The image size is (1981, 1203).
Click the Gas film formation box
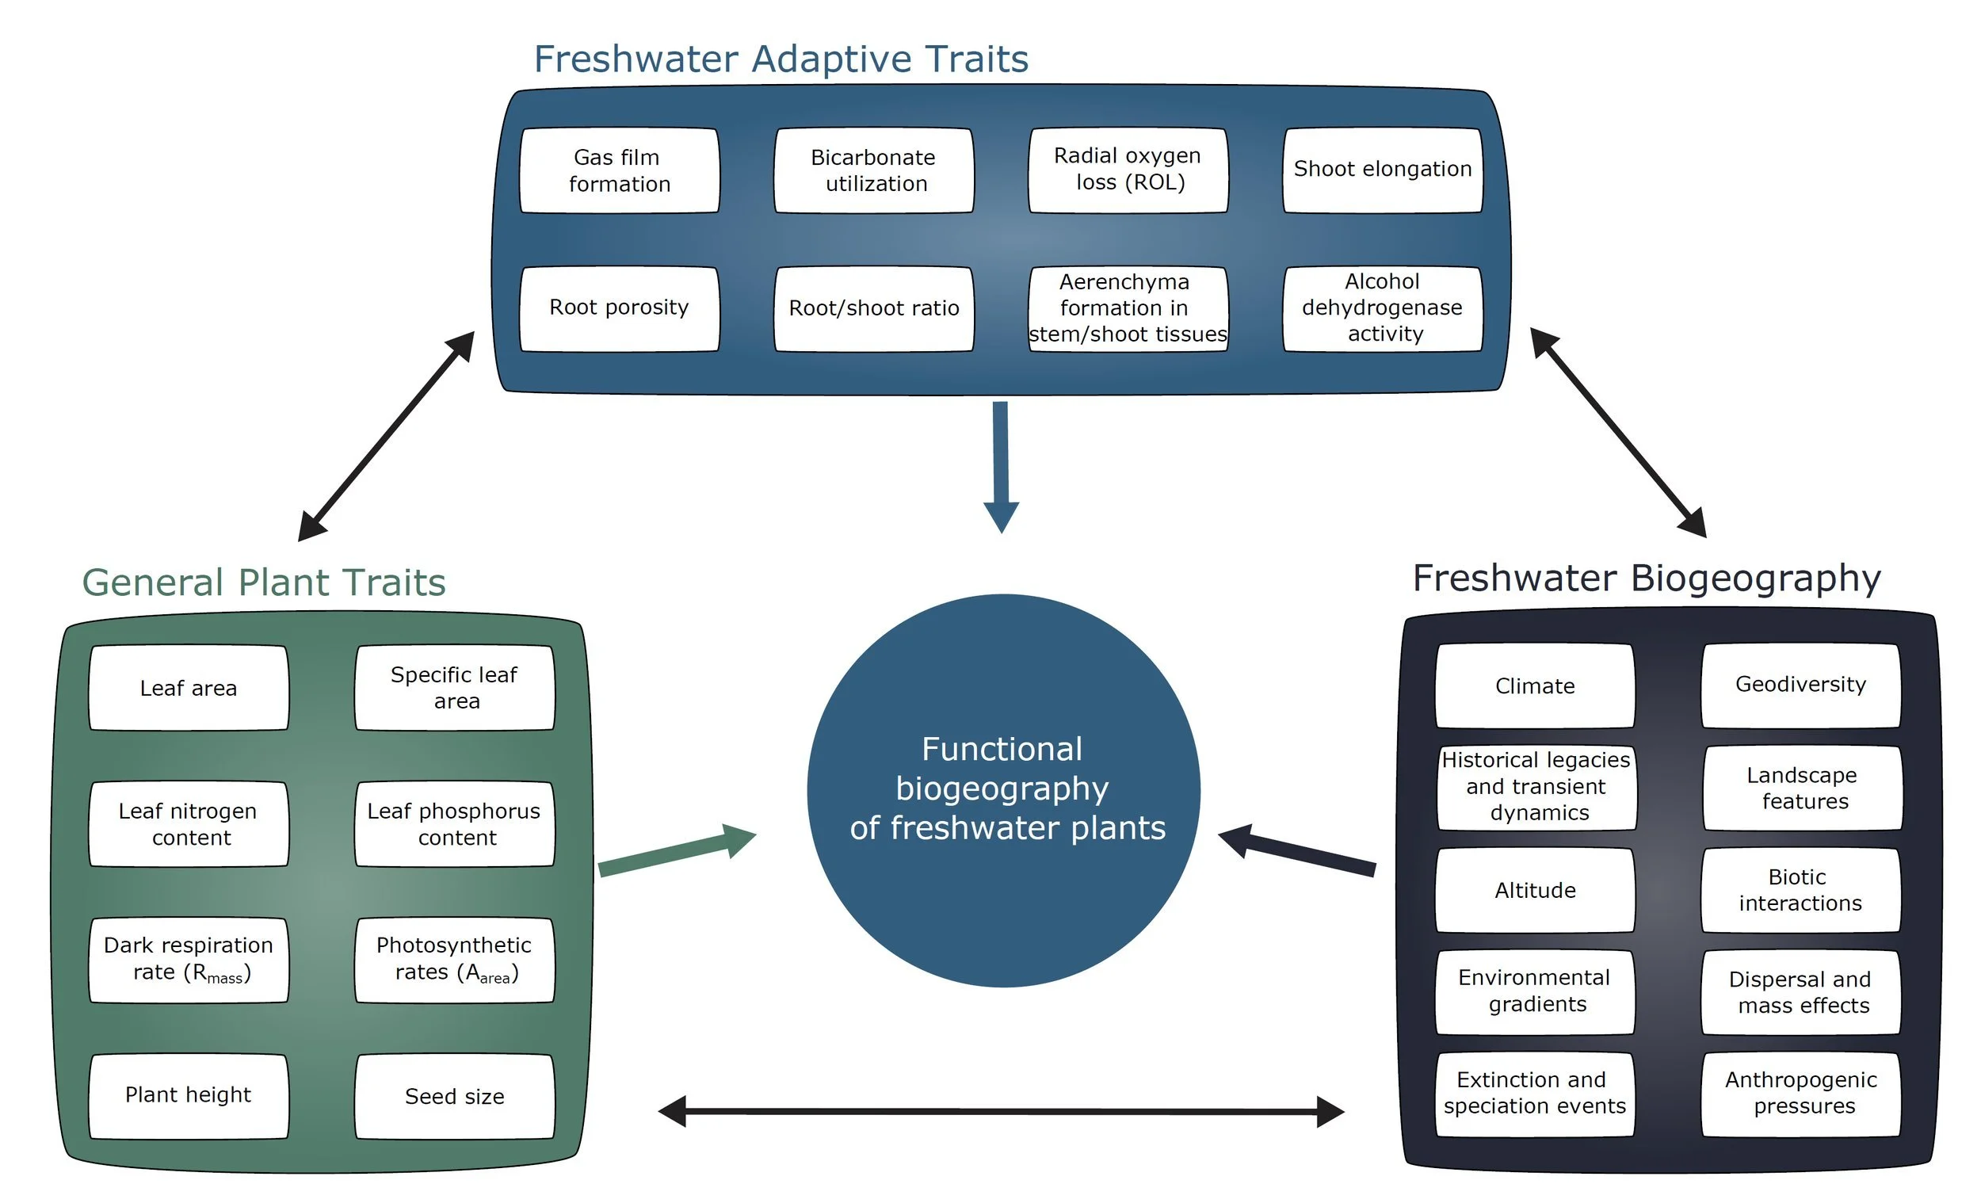point(619,170)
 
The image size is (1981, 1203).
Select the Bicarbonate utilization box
point(874,170)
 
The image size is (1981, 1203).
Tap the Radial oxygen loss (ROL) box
point(1128,170)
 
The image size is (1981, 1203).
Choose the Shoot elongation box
point(1382,170)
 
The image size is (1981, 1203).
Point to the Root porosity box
point(619,309)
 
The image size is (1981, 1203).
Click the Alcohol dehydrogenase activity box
point(1382,309)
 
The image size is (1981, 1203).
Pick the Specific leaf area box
point(454,689)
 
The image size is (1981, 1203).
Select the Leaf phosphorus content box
point(454,824)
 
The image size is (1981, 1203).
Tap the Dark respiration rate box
point(189,960)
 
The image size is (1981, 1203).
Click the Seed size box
point(454,1097)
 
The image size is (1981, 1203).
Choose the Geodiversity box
point(1801,686)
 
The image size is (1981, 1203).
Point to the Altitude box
point(1535,891)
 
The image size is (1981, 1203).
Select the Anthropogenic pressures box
point(1801,1094)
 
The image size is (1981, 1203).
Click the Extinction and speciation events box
point(1535,1094)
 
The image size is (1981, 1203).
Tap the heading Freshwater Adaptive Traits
point(781,59)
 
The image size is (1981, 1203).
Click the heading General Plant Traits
point(264,582)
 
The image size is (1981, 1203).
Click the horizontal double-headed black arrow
point(1001,1112)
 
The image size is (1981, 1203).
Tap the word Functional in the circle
point(1002,750)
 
